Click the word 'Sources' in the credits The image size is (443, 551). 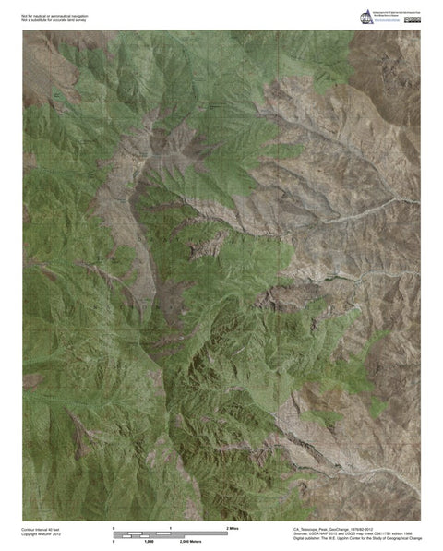(274, 533)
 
